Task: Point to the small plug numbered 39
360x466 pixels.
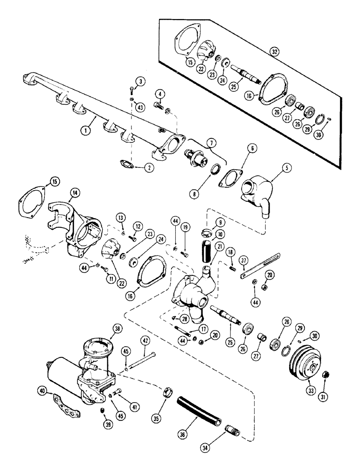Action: (x=102, y=410)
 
